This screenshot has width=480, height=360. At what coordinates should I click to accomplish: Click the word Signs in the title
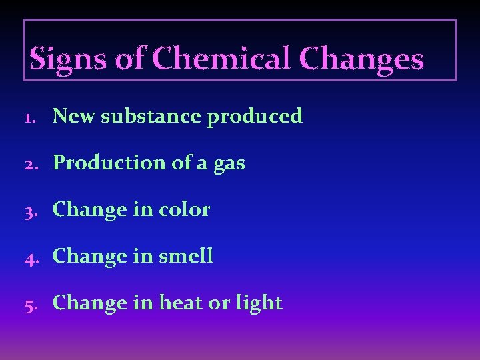coord(69,59)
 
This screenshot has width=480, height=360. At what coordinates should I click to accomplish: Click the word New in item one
coord(73,116)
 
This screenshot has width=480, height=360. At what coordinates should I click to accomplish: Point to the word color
coord(185,209)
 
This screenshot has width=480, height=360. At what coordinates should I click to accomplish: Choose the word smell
coord(187,256)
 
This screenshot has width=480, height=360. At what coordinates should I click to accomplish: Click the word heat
coord(181,303)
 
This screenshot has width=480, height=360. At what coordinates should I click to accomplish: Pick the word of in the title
coord(130,59)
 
